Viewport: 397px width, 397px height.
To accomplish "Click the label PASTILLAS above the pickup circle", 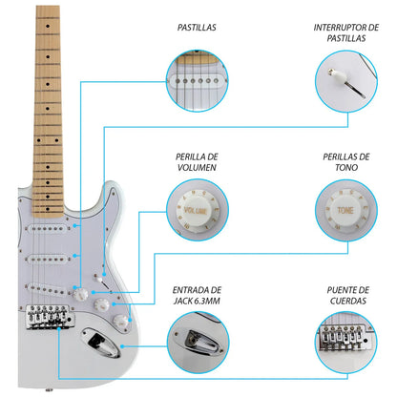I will [x=196, y=29].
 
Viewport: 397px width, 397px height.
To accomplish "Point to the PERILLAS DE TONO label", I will [x=345, y=161].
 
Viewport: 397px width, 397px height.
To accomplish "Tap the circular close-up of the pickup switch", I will [x=345, y=81].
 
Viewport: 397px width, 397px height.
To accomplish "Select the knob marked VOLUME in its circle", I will [x=197, y=212].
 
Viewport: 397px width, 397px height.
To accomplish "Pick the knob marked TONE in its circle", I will [x=345, y=212].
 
